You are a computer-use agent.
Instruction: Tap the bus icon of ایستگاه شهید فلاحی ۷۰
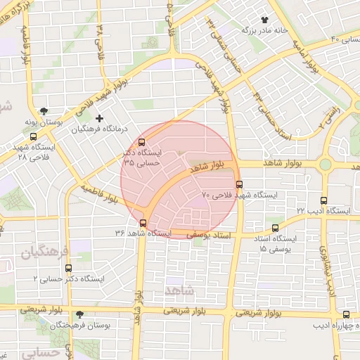click(240, 185)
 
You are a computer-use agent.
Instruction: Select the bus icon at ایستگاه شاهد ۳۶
click(143, 224)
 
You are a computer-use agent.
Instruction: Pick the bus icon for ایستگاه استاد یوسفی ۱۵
click(275, 228)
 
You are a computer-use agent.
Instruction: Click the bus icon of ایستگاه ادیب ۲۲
click(323, 200)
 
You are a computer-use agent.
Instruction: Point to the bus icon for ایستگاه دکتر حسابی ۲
click(68, 268)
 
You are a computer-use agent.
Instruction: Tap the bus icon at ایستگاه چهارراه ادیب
click(346, 315)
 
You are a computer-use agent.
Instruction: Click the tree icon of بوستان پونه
click(44, 111)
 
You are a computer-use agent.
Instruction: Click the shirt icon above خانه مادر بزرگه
click(265, 20)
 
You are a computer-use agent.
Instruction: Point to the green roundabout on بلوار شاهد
click(325, 165)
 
